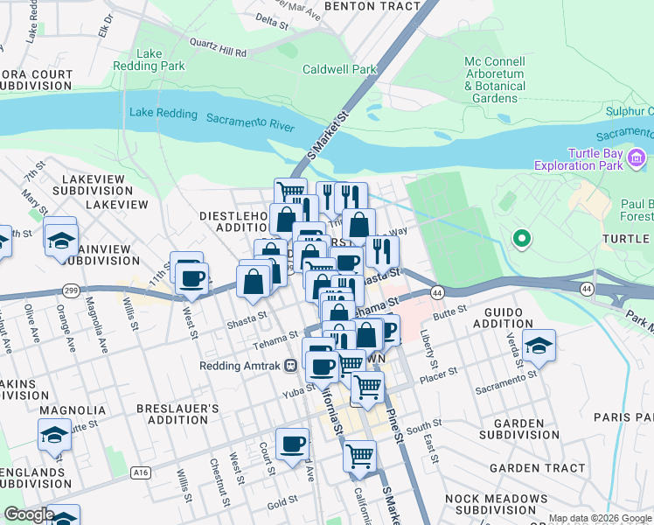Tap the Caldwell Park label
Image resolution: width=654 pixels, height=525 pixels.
click(339, 69)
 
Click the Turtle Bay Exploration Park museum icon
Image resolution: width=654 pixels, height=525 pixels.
click(637, 159)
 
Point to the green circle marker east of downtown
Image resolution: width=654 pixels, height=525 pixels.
click(522, 237)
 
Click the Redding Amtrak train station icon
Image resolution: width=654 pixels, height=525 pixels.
click(289, 366)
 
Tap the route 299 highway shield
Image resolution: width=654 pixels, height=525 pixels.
click(69, 289)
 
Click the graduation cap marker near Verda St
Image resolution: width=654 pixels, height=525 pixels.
click(539, 346)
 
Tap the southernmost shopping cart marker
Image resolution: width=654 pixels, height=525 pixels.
click(359, 455)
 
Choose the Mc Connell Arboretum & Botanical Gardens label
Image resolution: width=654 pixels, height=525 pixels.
click(495, 80)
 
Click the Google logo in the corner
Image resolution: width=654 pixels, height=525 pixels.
click(28, 514)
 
